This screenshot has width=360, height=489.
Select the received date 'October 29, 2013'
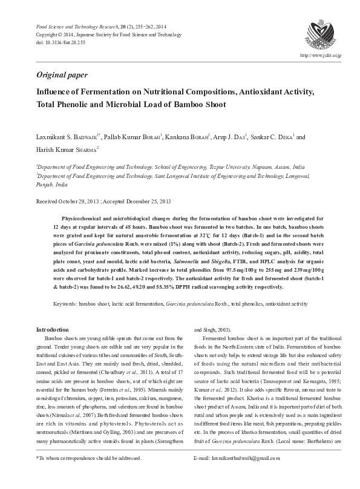coord(77,200)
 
